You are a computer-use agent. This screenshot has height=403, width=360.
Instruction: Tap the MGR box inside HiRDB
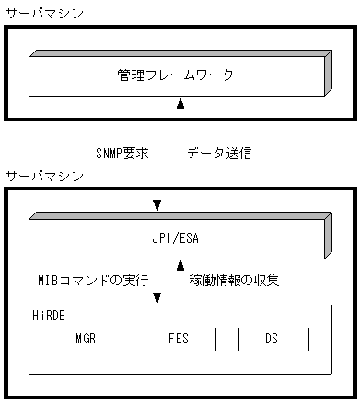click(86, 339)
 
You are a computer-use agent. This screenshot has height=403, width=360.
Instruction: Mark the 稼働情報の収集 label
click(234, 278)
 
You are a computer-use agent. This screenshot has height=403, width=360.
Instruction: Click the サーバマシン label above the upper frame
click(42, 12)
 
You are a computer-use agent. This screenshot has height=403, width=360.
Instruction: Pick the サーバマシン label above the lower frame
click(42, 175)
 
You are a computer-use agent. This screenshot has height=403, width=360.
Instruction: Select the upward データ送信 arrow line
click(180, 156)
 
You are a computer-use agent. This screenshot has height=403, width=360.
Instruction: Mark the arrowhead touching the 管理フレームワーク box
click(180, 102)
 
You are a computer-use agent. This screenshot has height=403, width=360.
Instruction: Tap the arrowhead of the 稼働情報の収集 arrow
click(180, 265)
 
